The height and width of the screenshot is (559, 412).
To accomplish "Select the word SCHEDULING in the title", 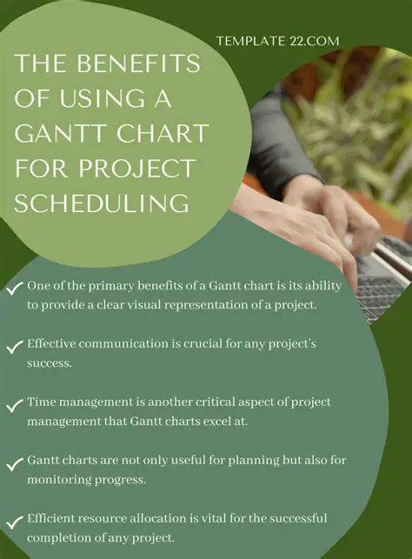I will point(102,203).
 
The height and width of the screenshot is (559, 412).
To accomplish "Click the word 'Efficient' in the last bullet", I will point(54,519).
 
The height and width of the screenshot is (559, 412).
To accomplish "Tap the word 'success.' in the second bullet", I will point(50,362).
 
